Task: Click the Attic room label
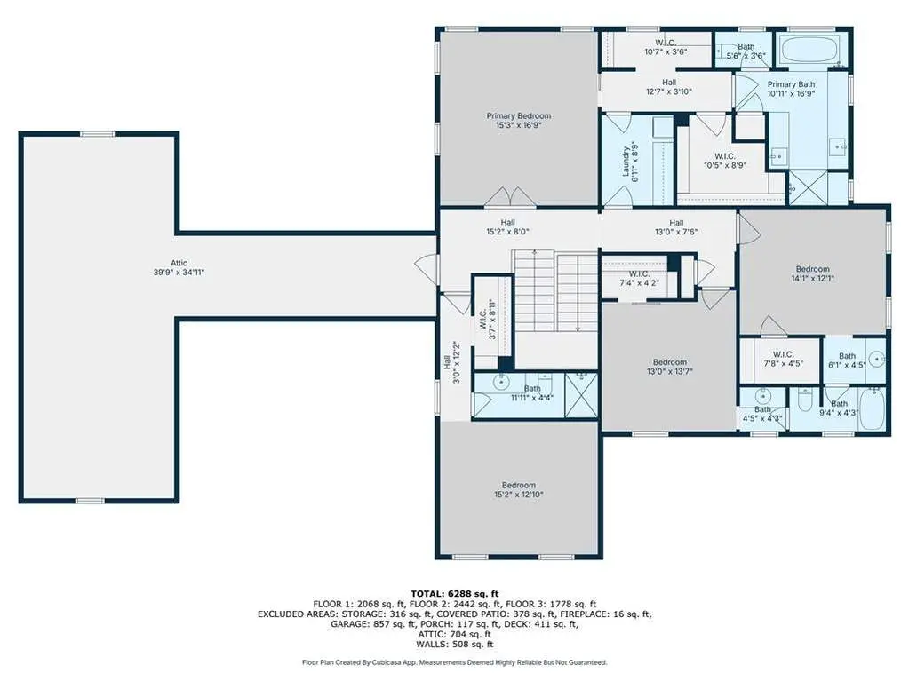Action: tap(179, 267)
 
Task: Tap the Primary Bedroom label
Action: tap(519, 121)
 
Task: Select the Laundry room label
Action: tap(630, 162)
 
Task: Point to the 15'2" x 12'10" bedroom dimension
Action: tap(519, 495)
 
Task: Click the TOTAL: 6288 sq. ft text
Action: tap(455, 594)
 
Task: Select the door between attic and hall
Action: tap(427, 269)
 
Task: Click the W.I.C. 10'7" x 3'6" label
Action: tap(666, 47)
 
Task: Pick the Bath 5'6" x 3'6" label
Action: tap(746, 51)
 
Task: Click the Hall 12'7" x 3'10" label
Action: tap(669, 87)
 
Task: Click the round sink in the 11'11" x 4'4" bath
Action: tap(500, 382)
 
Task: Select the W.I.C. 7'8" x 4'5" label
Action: tap(783, 359)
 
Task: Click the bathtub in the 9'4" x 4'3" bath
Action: tap(872, 408)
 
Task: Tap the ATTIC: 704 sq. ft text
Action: tap(455, 634)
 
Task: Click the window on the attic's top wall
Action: tap(98, 134)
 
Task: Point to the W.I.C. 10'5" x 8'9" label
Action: tap(725, 161)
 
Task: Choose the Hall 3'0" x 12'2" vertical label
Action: tap(451, 362)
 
